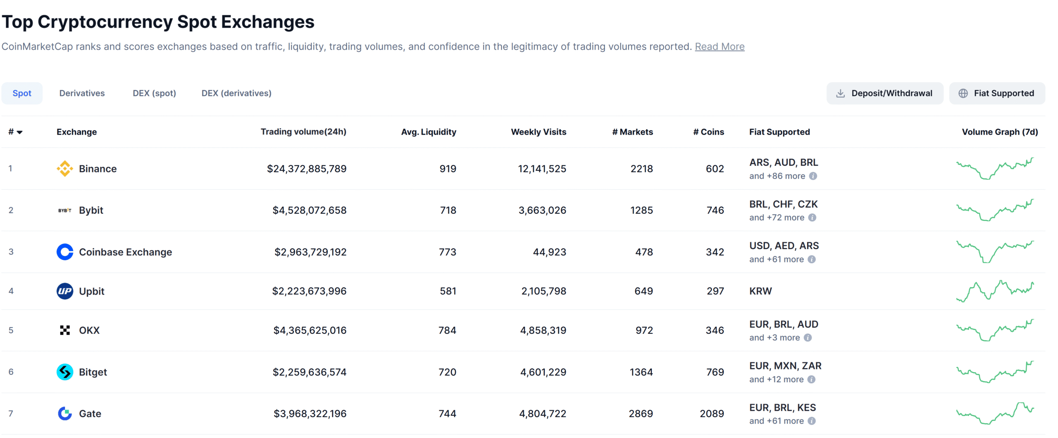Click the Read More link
click(x=719, y=47)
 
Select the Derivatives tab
click(x=82, y=93)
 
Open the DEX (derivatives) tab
click(x=236, y=93)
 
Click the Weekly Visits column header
click(x=538, y=132)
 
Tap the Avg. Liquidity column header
click(x=428, y=132)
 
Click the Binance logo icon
click(x=64, y=169)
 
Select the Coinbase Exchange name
click(x=125, y=252)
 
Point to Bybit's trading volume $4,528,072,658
click(x=309, y=210)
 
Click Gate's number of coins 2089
click(x=711, y=414)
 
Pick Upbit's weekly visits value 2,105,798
click(x=543, y=291)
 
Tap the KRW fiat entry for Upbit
click(x=760, y=291)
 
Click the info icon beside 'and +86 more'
click(x=813, y=176)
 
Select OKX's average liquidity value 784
click(x=447, y=331)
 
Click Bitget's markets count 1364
click(x=641, y=372)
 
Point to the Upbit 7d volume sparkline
click(x=994, y=291)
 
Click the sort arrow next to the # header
click(x=19, y=132)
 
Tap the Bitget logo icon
click(x=64, y=372)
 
